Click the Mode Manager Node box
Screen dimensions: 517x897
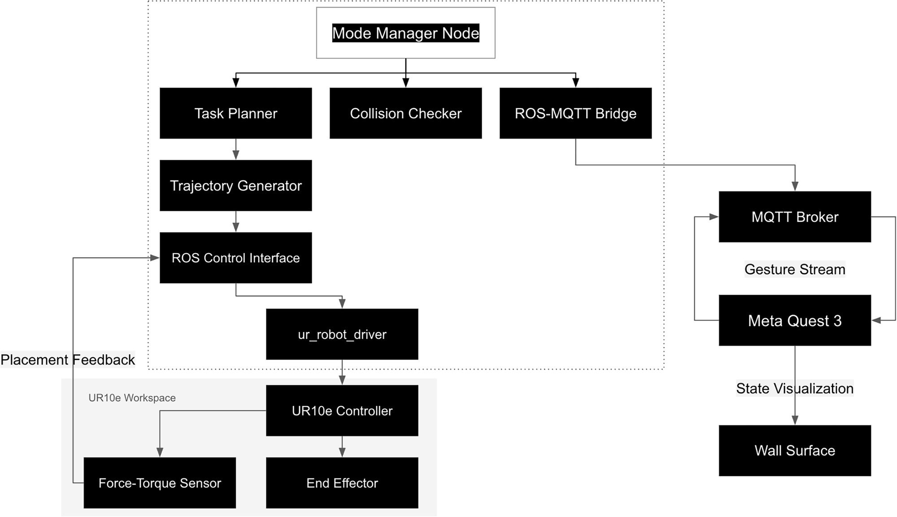point(405,33)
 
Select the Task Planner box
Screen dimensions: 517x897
point(235,113)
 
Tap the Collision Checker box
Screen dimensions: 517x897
point(405,113)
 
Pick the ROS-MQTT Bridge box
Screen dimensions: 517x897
point(575,113)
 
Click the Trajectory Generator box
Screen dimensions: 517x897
point(235,185)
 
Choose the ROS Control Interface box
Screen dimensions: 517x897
point(235,258)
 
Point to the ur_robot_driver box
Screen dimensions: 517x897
point(342,334)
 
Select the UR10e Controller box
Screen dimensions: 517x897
point(342,410)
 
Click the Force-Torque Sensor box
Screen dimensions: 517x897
point(160,482)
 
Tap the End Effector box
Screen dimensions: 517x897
point(342,482)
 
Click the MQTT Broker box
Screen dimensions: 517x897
point(795,217)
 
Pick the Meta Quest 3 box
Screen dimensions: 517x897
point(795,320)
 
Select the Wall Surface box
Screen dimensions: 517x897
point(795,450)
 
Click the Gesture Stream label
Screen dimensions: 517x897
point(795,269)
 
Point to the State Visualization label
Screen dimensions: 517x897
point(795,388)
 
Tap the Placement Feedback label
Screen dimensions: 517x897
point(68,359)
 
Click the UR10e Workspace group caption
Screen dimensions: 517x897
point(132,398)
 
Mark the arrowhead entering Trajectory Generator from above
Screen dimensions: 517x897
point(236,155)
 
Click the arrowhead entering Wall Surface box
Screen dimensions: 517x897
point(795,420)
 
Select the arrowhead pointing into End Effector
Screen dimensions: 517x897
point(342,452)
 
